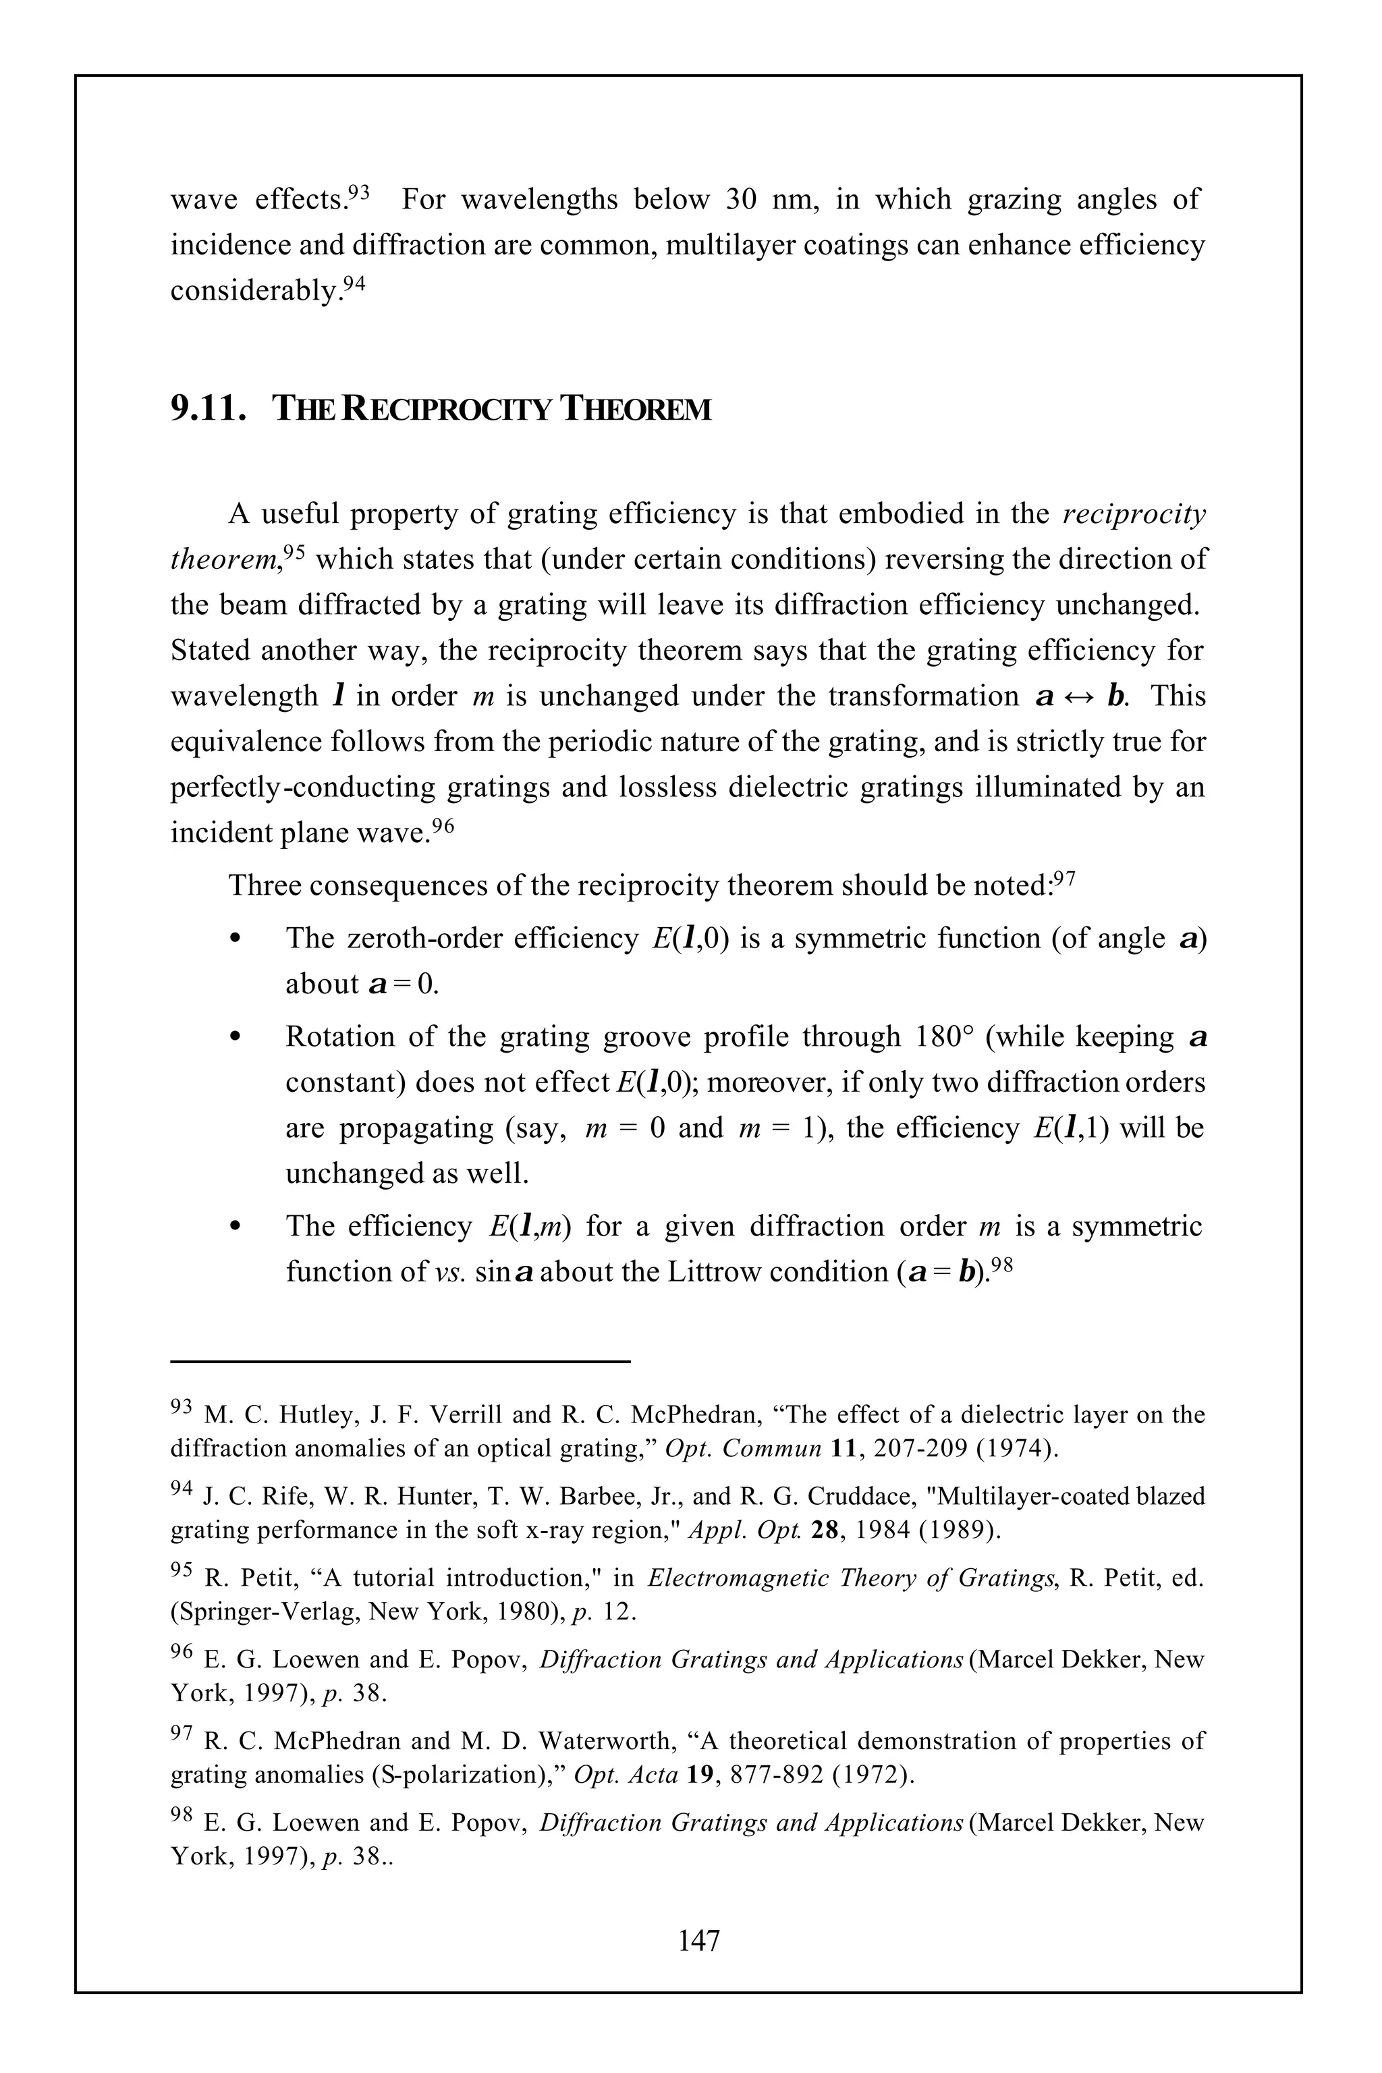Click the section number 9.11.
[x=207, y=408]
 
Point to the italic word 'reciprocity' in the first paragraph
[x=1134, y=514]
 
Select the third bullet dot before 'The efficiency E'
[x=233, y=1227]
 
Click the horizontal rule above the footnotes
[x=400, y=1362]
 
